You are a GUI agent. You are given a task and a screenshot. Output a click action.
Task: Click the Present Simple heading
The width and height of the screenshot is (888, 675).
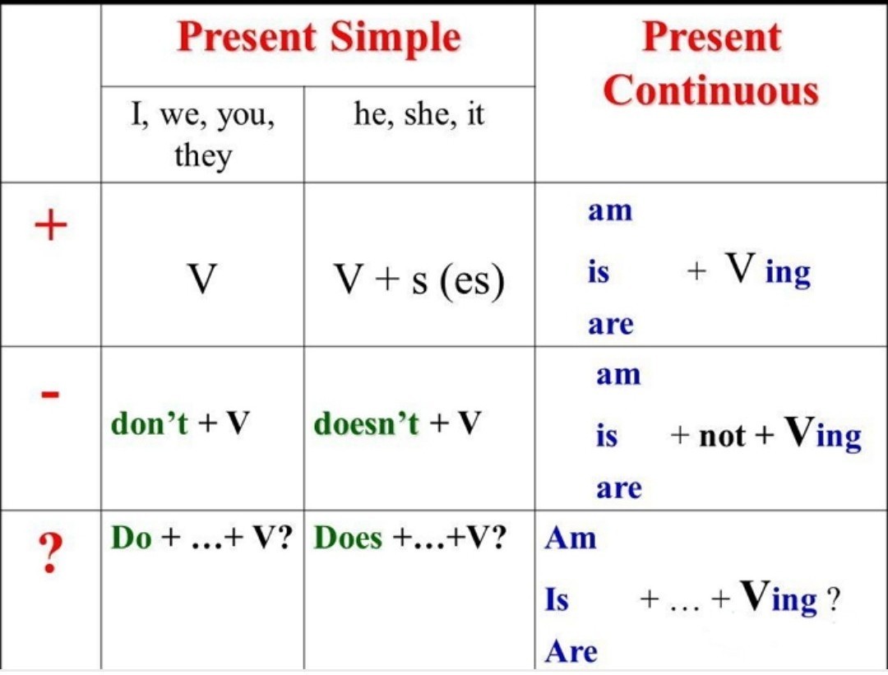point(319,37)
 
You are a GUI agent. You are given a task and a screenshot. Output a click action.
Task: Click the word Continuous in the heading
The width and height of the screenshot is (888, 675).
point(710,90)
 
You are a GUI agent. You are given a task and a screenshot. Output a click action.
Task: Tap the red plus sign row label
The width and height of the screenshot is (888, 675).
point(51,224)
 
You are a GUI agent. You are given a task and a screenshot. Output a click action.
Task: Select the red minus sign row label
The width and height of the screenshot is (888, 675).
point(50,394)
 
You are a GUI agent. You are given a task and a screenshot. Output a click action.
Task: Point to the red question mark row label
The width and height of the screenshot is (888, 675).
point(50,553)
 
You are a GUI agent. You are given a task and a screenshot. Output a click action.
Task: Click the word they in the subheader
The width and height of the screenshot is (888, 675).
point(203,155)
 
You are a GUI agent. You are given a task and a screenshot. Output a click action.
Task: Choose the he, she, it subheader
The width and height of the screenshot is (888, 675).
point(419,113)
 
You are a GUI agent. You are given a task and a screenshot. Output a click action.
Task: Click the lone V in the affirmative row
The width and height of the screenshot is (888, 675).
point(202,279)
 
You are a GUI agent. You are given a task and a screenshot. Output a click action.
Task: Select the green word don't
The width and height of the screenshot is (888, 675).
point(149,423)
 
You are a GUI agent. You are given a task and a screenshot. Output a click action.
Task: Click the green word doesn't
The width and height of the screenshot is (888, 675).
point(367,423)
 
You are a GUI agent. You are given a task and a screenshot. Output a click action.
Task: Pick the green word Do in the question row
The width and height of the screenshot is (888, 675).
point(132,538)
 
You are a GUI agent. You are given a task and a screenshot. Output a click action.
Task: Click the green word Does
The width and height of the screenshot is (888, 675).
point(349,538)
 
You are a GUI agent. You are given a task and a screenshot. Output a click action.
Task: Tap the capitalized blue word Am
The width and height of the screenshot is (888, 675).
point(571,538)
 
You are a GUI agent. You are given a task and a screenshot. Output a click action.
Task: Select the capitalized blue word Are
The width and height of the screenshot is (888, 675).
point(571,651)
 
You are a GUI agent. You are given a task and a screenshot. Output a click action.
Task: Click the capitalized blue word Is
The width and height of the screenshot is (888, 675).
point(557,599)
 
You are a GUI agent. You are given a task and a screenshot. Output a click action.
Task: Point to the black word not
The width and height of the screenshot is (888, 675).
point(722,436)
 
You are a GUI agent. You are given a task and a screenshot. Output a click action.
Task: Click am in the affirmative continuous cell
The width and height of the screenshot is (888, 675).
point(610,210)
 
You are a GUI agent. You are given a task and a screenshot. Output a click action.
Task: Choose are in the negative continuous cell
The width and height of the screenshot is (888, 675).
point(619,488)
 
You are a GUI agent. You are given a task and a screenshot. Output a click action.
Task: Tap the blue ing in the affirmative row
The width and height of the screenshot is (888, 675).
point(789,274)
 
